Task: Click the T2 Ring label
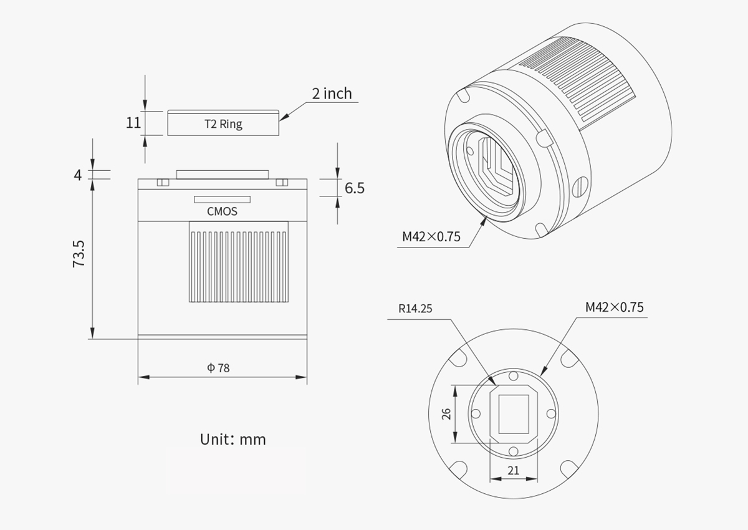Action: coord(223,123)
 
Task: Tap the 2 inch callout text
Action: coord(332,94)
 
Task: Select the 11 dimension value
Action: coord(133,122)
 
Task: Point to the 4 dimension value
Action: coord(78,175)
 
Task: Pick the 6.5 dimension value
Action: coord(354,188)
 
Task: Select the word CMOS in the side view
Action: coord(222,211)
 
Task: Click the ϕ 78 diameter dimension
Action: coord(219,368)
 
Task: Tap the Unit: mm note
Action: coord(233,439)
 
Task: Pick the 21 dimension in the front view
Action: coord(513,471)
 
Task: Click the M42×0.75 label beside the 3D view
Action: coord(431,236)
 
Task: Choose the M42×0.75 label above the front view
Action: coord(614,307)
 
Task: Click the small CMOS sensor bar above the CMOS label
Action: coord(222,200)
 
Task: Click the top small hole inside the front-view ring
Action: coord(513,376)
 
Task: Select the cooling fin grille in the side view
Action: coord(239,266)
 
